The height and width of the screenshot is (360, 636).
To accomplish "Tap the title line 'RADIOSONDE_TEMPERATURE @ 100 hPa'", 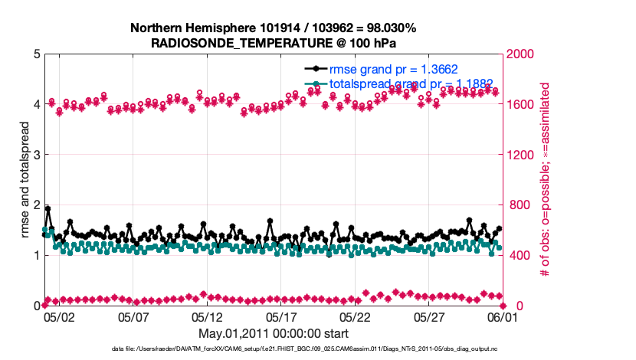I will pyautogui.click(x=274, y=43).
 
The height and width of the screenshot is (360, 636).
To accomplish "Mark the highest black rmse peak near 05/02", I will pyautogui.click(x=48, y=208).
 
